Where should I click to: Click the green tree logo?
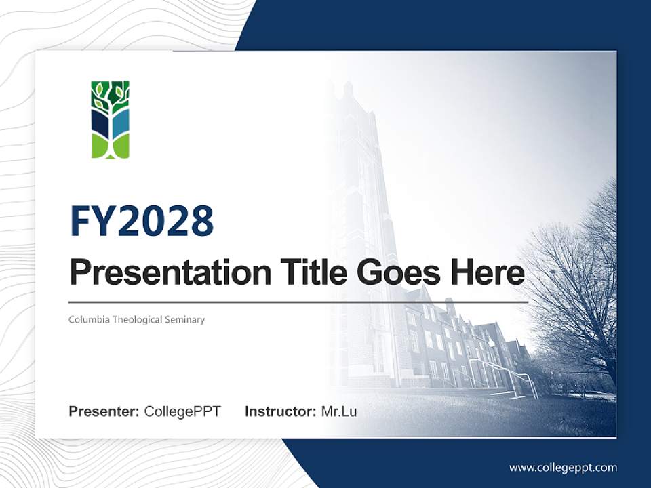pos(110,120)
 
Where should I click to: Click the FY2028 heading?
pos(142,221)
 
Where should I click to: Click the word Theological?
pos(136,319)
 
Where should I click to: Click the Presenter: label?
pos(104,411)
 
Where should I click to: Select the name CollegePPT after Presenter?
pos(182,411)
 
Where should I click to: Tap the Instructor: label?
pos(280,411)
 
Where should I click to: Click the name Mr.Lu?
pos(339,411)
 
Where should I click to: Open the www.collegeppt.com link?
pos(563,467)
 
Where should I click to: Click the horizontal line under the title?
pos(298,302)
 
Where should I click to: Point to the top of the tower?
pos(348,91)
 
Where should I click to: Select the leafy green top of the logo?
pos(110,94)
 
